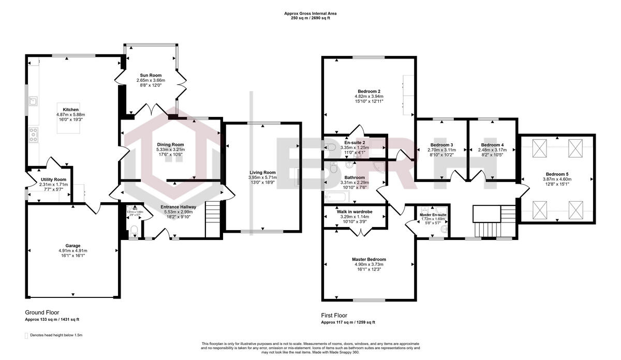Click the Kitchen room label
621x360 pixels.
(x=70, y=110)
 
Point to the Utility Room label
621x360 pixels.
(x=53, y=179)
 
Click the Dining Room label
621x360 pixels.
(x=171, y=144)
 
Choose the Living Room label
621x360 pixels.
(x=262, y=172)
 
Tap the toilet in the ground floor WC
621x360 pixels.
(x=133, y=229)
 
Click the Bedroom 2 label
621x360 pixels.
(x=368, y=91)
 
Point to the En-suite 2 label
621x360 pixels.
(x=354, y=142)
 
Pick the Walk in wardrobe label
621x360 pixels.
(x=354, y=211)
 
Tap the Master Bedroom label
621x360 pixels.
(x=368, y=259)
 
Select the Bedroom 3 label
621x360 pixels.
(x=441, y=145)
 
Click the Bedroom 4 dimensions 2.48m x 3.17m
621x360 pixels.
(x=492, y=149)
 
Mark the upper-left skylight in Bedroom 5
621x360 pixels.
(x=540, y=148)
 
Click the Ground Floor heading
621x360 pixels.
(x=42, y=312)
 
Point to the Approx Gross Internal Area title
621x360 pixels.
(x=310, y=13)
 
